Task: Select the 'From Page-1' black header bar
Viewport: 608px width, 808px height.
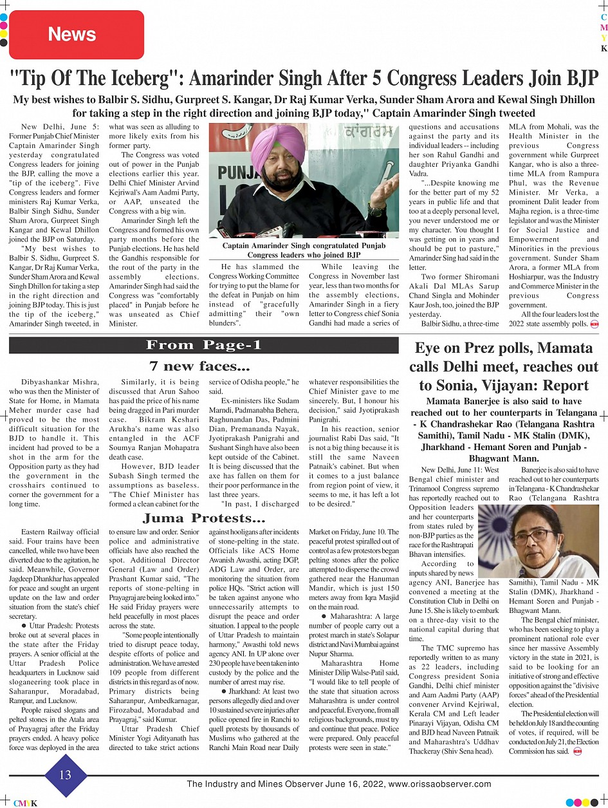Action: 204,345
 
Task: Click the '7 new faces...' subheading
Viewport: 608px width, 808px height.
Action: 199,367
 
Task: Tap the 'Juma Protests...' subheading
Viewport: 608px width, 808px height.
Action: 204,518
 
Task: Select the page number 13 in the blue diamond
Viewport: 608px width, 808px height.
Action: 66,775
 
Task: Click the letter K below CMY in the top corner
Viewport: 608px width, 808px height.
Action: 603,49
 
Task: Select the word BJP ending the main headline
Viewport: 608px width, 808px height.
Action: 578,79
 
